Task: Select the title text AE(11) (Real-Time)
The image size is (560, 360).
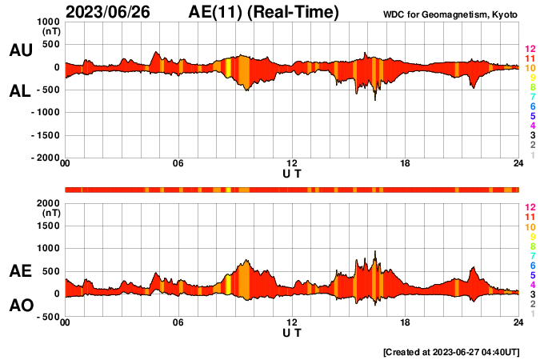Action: coord(264,12)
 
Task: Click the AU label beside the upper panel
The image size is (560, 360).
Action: coord(20,50)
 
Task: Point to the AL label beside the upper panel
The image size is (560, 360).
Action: coord(20,91)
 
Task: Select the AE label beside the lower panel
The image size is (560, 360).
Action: coord(20,272)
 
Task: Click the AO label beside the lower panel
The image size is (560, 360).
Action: coord(20,306)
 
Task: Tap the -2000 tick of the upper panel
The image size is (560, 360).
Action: coord(46,158)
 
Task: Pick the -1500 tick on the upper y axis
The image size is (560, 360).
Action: coord(46,135)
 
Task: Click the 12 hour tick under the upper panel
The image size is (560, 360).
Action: coord(292,164)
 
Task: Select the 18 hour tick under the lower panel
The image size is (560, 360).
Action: coord(406,322)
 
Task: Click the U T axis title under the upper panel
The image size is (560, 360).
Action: coord(292,173)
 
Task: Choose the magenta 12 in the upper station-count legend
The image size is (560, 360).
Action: coord(530,49)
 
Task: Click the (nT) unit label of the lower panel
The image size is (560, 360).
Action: coord(51,214)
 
